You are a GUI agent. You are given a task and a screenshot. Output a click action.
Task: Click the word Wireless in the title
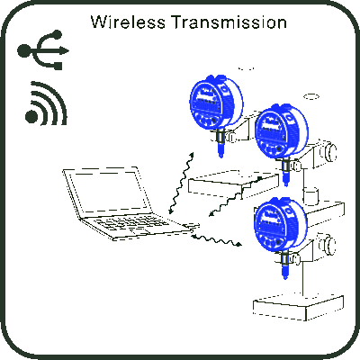[x=128, y=22]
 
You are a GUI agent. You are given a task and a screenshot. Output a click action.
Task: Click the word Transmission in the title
[x=229, y=22]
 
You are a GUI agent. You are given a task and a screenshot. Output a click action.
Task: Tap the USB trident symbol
[x=43, y=49]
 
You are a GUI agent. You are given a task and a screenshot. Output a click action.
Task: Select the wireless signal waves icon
[x=46, y=103]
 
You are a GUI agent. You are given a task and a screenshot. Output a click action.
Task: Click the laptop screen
[x=107, y=192]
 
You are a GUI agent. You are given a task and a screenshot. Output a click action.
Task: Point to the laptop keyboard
[x=132, y=224]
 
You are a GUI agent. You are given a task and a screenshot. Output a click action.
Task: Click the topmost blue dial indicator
[x=216, y=102]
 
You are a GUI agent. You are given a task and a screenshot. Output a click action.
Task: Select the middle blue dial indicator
[x=281, y=130]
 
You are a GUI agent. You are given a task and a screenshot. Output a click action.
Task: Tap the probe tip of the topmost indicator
[x=221, y=156]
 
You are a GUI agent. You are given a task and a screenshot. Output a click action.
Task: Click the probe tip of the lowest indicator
[x=285, y=277]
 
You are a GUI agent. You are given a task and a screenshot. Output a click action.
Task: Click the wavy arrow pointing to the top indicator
[x=181, y=183]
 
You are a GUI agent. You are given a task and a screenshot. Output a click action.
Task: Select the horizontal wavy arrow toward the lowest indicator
[x=216, y=240]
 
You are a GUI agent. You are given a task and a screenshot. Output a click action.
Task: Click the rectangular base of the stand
[x=298, y=308]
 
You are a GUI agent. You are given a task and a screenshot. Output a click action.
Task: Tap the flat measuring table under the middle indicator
[x=234, y=184]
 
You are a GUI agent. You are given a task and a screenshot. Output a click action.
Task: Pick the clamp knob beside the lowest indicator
[x=328, y=245]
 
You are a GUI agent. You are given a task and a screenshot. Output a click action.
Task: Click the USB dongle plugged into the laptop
[x=193, y=225]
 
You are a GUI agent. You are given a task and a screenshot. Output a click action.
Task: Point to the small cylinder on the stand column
[x=310, y=195]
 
